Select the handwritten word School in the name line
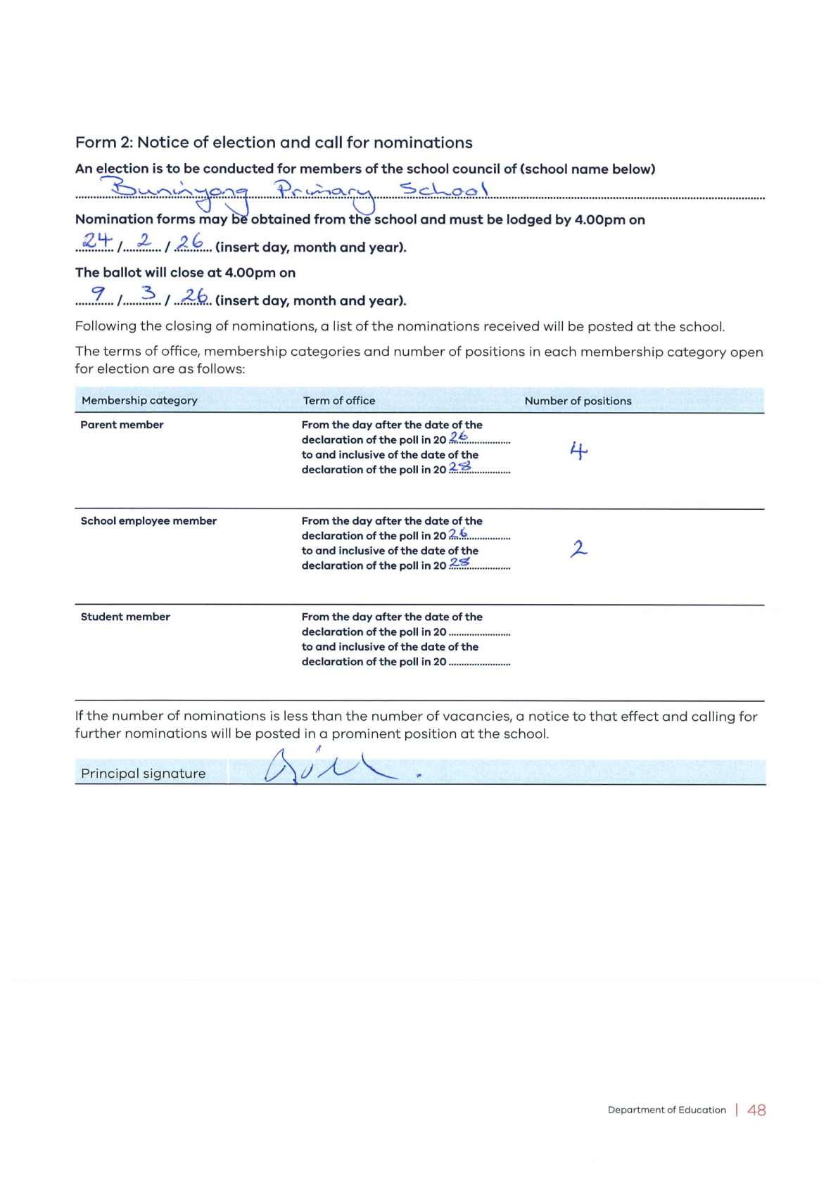[443, 189]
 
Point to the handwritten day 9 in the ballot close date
[99, 294]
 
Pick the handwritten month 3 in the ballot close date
[148, 293]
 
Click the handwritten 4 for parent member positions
[578, 450]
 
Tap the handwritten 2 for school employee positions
[578, 548]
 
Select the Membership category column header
[139, 400]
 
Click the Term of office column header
[339, 400]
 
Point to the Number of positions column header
[578, 401]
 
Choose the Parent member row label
[122, 425]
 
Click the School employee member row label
[148, 521]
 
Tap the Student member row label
[125, 617]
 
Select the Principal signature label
[144, 774]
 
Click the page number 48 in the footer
[756, 1110]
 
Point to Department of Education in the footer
[666, 1110]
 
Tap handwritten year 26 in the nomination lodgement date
[190, 242]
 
